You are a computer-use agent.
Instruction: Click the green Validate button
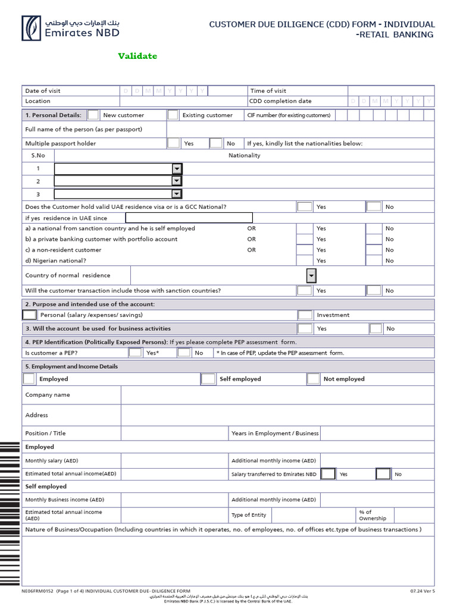tap(137, 56)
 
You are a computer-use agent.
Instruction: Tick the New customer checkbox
tap(93, 115)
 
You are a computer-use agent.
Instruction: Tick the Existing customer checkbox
tap(173, 115)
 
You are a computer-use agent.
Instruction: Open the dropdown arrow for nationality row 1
tap(177, 168)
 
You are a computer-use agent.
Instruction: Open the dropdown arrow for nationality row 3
tap(177, 194)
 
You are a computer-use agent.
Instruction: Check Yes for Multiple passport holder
tap(173, 143)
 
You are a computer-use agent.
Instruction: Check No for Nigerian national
tap(373, 260)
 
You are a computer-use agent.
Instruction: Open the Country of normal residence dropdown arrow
tap(311, 275)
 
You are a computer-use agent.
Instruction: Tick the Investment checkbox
tap(305, 315)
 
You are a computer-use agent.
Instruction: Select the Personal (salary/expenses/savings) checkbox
tap(30, 315)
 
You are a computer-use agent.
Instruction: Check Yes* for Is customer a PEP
tap(136, 353)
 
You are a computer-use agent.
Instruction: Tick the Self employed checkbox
tap(208, 379)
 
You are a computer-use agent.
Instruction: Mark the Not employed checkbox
tap(314, 379)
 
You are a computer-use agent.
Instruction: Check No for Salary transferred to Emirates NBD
tap(383, 474)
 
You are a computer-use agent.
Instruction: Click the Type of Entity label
tap(249, 514)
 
